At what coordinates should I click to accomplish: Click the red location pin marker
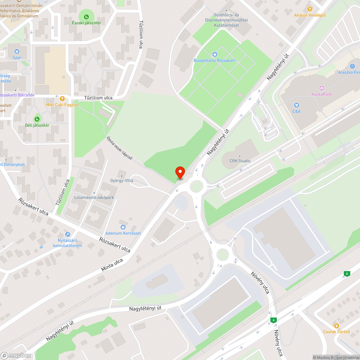180,172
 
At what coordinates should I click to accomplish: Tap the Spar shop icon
17,51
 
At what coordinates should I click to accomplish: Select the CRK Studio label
240,161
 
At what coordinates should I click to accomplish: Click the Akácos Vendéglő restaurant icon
310,9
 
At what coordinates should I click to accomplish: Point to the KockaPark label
321,94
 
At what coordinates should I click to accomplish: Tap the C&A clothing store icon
296,105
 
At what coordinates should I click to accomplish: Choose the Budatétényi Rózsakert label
215,60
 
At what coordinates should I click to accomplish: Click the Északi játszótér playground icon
86,17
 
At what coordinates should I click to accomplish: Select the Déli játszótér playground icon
37,119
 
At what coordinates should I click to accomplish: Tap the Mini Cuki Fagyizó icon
62,98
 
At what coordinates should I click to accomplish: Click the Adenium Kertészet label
123,233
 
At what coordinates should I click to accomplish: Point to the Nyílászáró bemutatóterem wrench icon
67,234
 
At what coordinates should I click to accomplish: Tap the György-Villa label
121,180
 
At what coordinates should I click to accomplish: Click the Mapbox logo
16,355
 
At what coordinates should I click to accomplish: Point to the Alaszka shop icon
352,66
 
